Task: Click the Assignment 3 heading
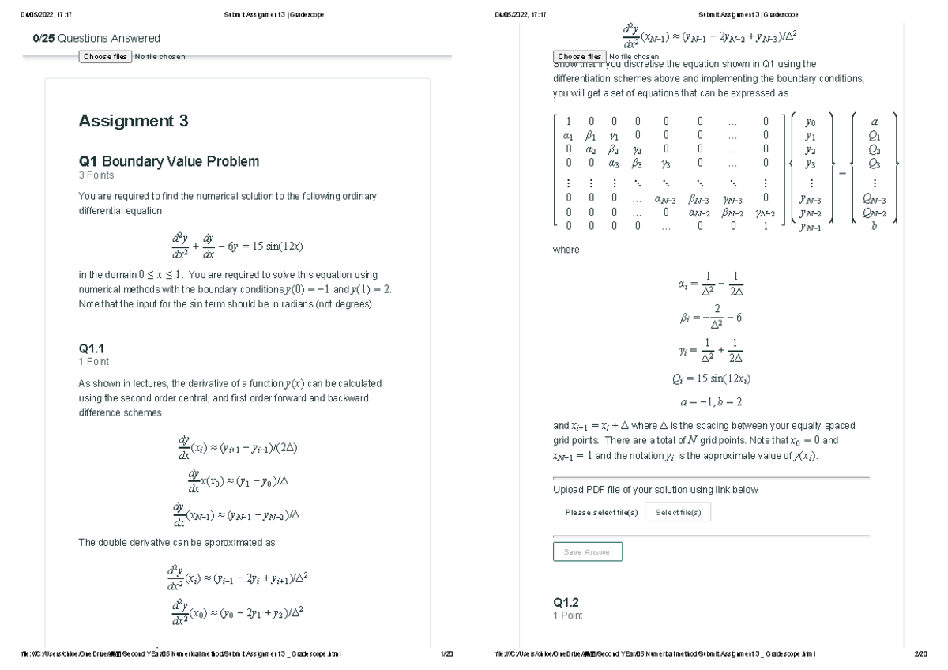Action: click(134, 121)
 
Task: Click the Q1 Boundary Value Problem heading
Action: click(168, 161)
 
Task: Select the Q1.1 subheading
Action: click(92, 348)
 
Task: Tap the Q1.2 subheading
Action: click(566, 602)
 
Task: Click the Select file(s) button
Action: click(678, 513)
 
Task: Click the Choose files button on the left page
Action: click(104, 57)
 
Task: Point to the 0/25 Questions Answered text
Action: click(96, 38)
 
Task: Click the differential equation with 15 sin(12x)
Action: click(236, 246)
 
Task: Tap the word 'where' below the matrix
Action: click(566, 250)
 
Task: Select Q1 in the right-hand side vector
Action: click(874, 135)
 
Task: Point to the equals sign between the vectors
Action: click(843, 172)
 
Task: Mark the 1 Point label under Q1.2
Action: click(568, 615)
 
